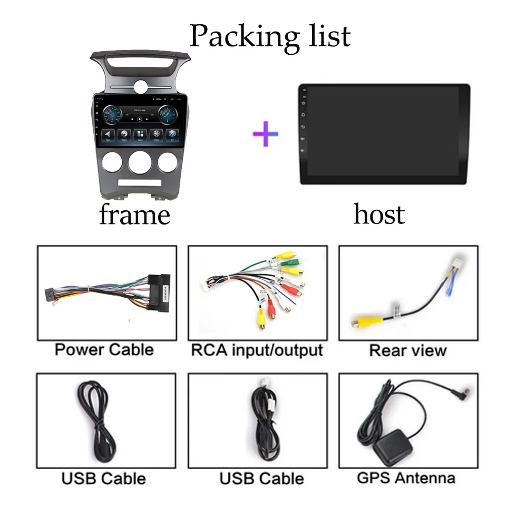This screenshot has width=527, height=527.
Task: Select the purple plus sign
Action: (x=266, y=133)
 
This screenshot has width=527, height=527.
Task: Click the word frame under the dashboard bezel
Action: (x=134, y=214)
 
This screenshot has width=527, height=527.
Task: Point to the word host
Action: (x=379, y=214)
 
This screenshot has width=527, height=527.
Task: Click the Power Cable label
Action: (x=104, y=349)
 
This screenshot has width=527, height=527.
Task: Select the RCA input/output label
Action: (x=257, y=350)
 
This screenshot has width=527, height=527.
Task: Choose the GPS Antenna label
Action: (x=406, y=478)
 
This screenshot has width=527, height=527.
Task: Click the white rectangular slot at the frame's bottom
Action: (x=140, y=182)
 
